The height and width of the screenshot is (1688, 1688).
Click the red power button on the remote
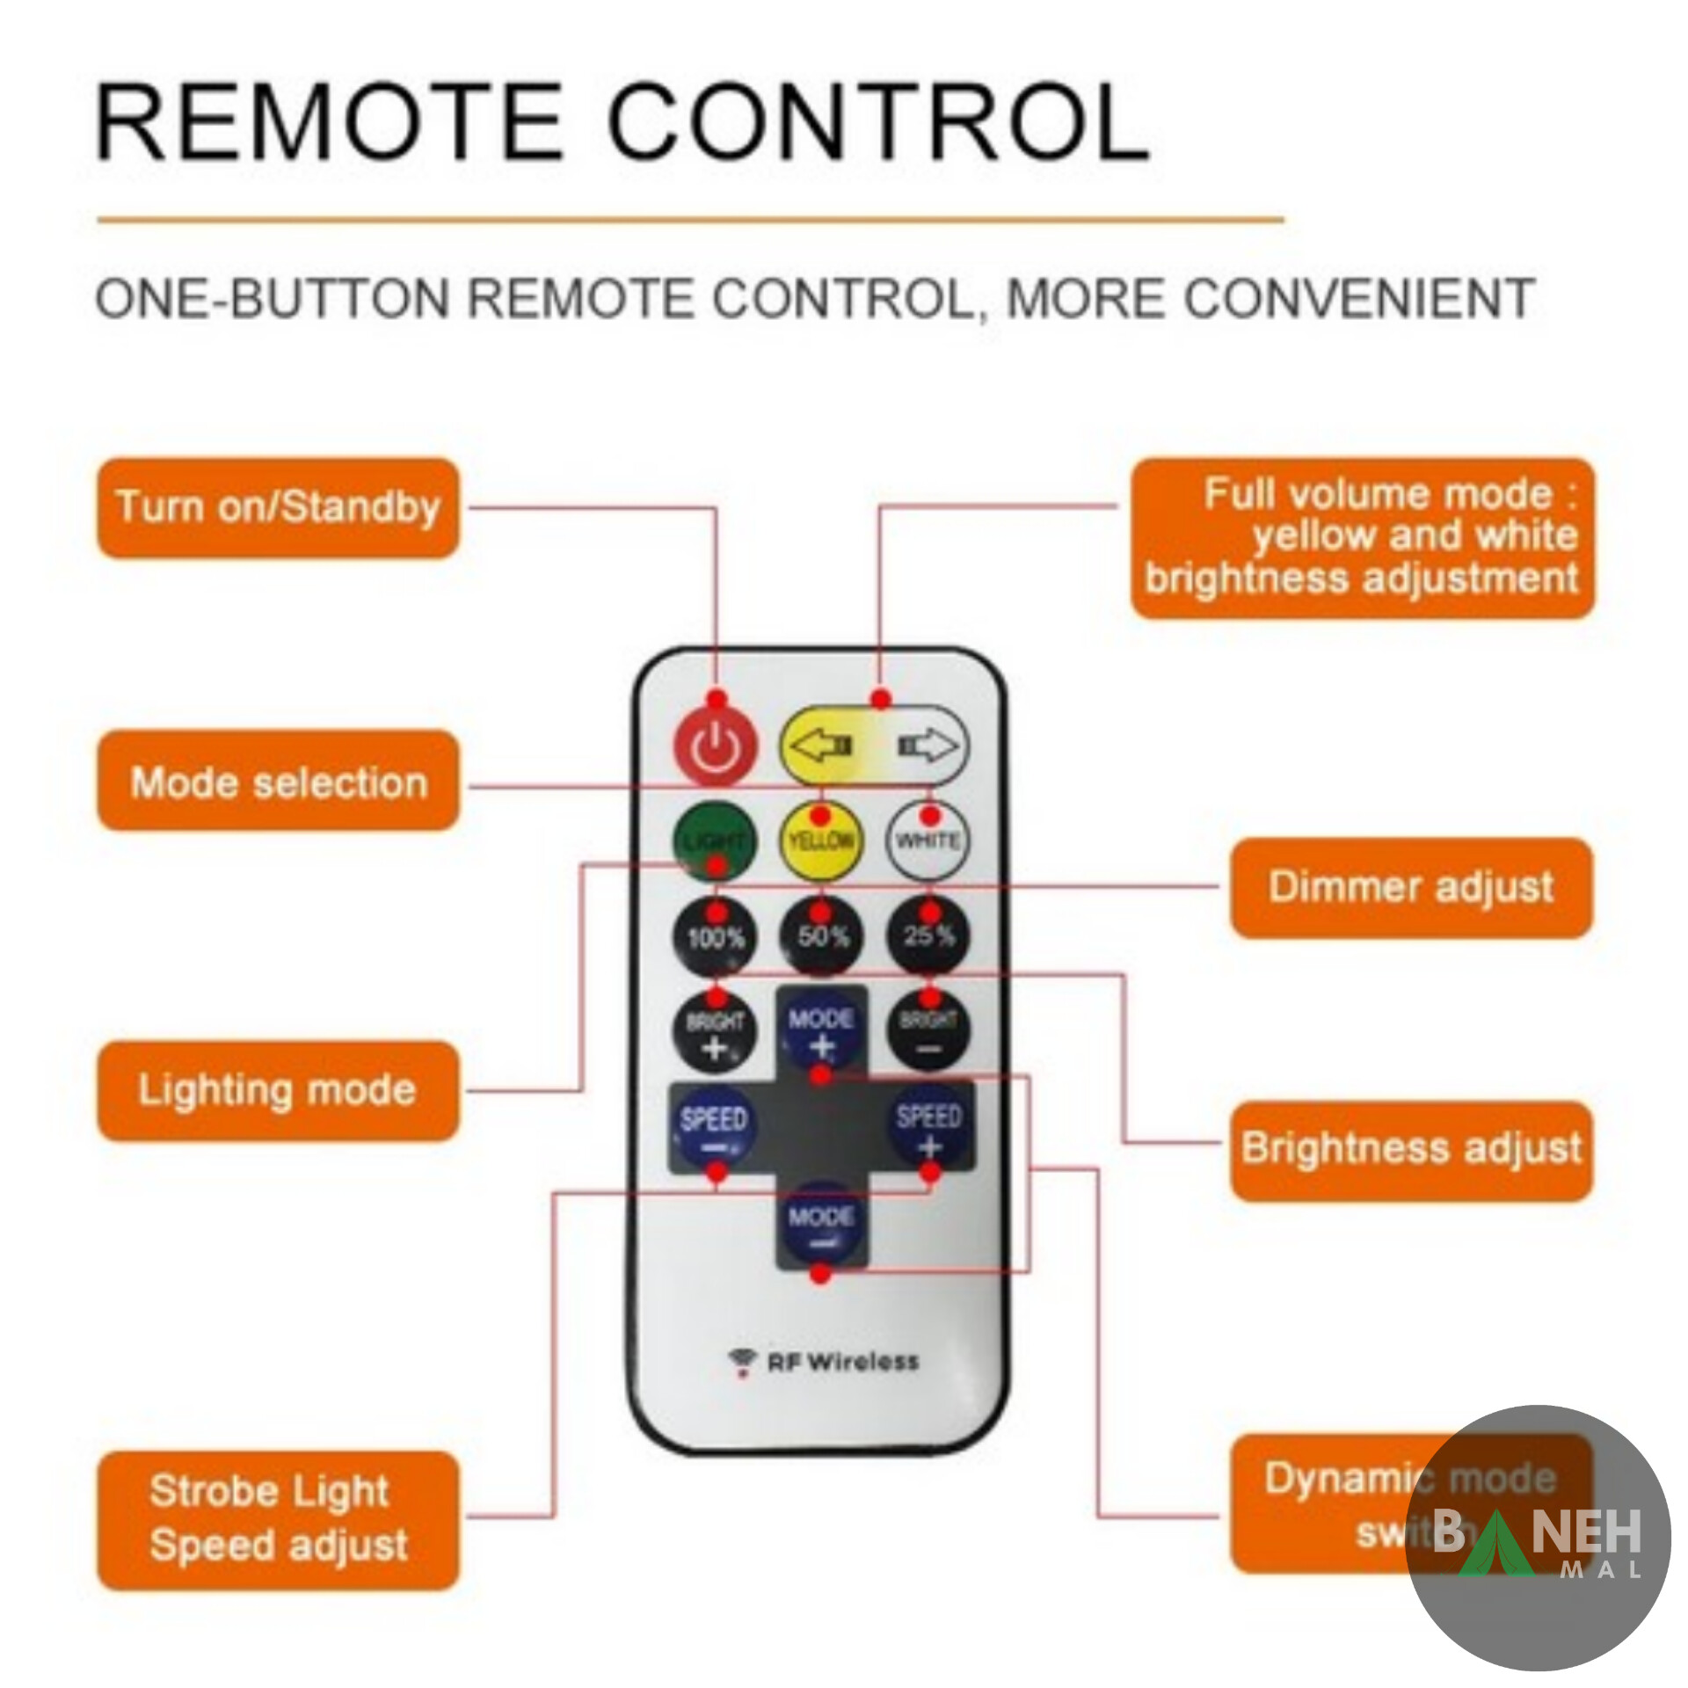tap(715, 748)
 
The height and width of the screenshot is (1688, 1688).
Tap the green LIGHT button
tap(714, 840)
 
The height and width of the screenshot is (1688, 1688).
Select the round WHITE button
tap(928, 840)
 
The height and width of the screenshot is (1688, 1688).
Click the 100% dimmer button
tap(715, 937)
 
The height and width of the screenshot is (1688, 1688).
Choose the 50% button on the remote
tap(822, 937)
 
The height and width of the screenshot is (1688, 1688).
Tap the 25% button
tap(928, 935)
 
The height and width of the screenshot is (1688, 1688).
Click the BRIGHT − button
tap(928, 1032)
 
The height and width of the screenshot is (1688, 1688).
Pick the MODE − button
tap(821, 1226)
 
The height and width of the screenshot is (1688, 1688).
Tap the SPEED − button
tap(713, 1130)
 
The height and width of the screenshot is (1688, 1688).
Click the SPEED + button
tap(929, 1130)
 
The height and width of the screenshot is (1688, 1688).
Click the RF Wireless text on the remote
tap(841, 1362)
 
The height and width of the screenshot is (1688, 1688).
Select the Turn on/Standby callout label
tap(278, 507)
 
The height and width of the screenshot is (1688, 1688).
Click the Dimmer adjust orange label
tap(1410, 887)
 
